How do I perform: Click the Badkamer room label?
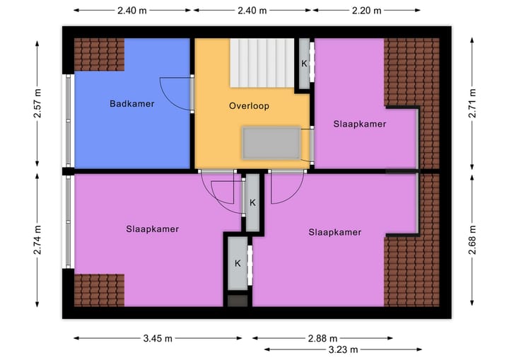pyautogui.click(x=131, y=104)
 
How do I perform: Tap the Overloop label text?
pyautogui.click(x=249, y=106)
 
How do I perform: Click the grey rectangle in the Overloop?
pyautogui.click(x=271, y=143)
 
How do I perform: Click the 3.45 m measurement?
pyautogui.click(x=158, y=339)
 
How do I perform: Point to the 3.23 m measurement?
pyautogui.click(x=343, y=349)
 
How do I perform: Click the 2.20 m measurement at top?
pyautogui.click(x=366, y=11)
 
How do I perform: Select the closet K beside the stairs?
pyautogui.click(x=304, y=64)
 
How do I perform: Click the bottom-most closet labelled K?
pyautogui.click(x=238, y=264)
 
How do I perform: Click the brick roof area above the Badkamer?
pyautogui.click(x=99, y=54)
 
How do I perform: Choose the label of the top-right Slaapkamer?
pyautogui.click(x=360, y=124)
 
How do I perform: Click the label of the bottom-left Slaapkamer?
pyautogui.click(x=153, y=229)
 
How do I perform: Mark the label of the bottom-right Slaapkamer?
pyautogui.click(x=334, y=232)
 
